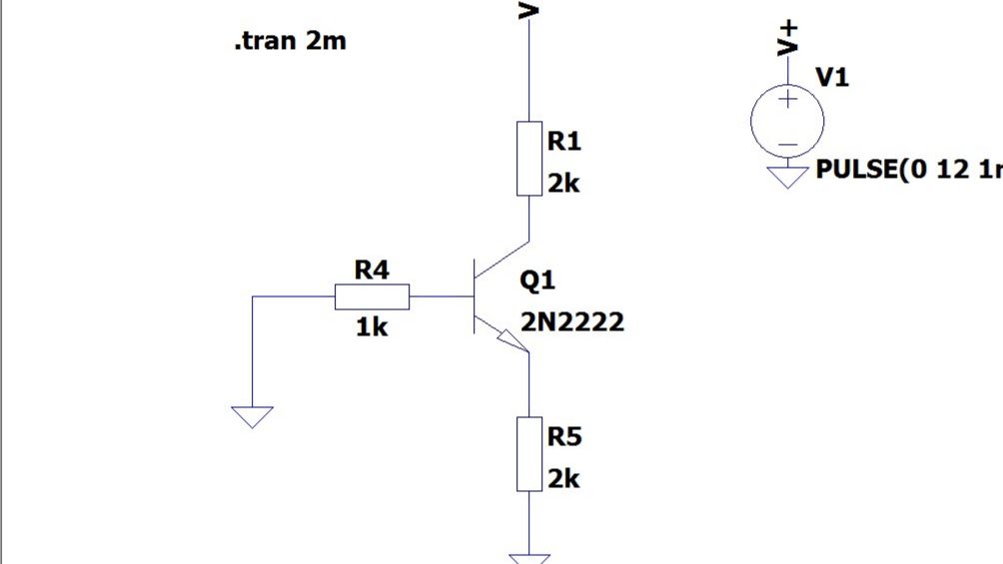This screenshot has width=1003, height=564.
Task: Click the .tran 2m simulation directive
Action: pyautogui.click(x=291, y=41)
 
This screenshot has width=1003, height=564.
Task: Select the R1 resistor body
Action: pyautogui.click(x=529, y=158)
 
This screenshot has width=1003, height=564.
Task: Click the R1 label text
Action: pyautogui.click(x=564, y=141)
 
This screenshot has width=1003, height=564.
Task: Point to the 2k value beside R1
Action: pyautogui.click(x=563, y=184)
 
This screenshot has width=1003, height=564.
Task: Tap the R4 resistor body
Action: pyautogui.click(x=372, y=296)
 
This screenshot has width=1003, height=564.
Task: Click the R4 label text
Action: pyautogui.click(x=372, y=270)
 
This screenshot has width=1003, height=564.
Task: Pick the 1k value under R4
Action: pyautogui.click(x=372, y=327)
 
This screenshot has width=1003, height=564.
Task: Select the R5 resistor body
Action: pyautogui.click(x=529, y=454)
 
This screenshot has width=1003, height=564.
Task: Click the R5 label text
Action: pyautogui.click(x=564, y=437)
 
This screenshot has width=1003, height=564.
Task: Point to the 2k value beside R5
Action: pyautogui.click(x=563, y=479)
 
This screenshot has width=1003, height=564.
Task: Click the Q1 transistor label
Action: pyautogui.click(x=537, y=281)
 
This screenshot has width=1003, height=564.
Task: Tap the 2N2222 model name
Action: pyautogui.click(x=572, y=321)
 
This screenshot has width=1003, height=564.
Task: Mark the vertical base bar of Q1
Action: pyautogui.click(x=474, y=296)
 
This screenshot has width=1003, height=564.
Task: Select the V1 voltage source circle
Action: pyautogui.click(x=787, y=121)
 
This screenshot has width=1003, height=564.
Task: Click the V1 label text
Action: pyautogui.click(x=832, y=78)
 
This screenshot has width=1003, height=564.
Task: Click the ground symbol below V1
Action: pyautogui.click(x=787, y=178)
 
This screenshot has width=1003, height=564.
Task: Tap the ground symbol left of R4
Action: pyautogui.click(x=252, y=417)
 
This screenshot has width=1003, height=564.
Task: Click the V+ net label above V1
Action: pyautogui.click(x=788, y=38)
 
